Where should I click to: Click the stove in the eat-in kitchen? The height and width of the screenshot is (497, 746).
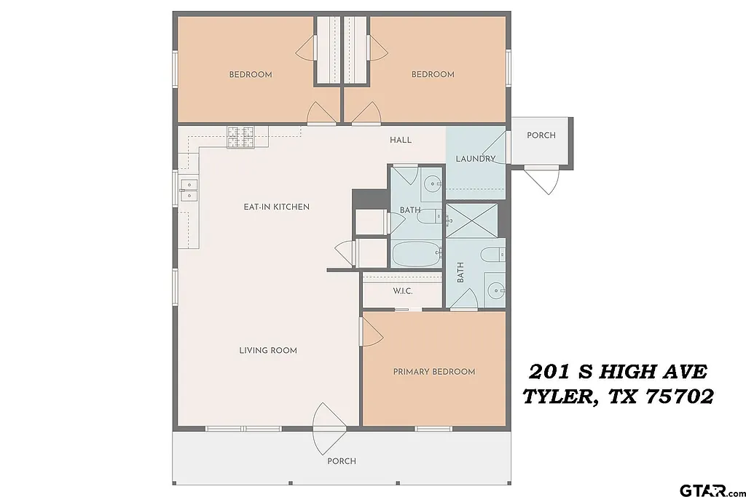pos(241,136)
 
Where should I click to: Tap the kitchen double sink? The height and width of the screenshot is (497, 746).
pos(189,190)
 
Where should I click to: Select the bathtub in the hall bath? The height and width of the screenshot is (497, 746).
pos(417,255)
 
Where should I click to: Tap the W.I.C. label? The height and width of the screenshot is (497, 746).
pos(403,291)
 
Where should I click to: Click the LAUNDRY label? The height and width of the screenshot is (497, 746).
pos(475,159)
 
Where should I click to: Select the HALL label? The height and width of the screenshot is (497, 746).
pos(400,140)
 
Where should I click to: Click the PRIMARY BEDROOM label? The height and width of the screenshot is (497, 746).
pos(433,372)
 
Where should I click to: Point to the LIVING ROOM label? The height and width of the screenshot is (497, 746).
pos(268,350)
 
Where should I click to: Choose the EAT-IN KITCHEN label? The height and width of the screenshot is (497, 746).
pos(276,207)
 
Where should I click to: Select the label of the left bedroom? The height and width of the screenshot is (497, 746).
pos(251,74)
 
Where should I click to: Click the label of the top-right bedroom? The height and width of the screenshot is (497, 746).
pos(433,74)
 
